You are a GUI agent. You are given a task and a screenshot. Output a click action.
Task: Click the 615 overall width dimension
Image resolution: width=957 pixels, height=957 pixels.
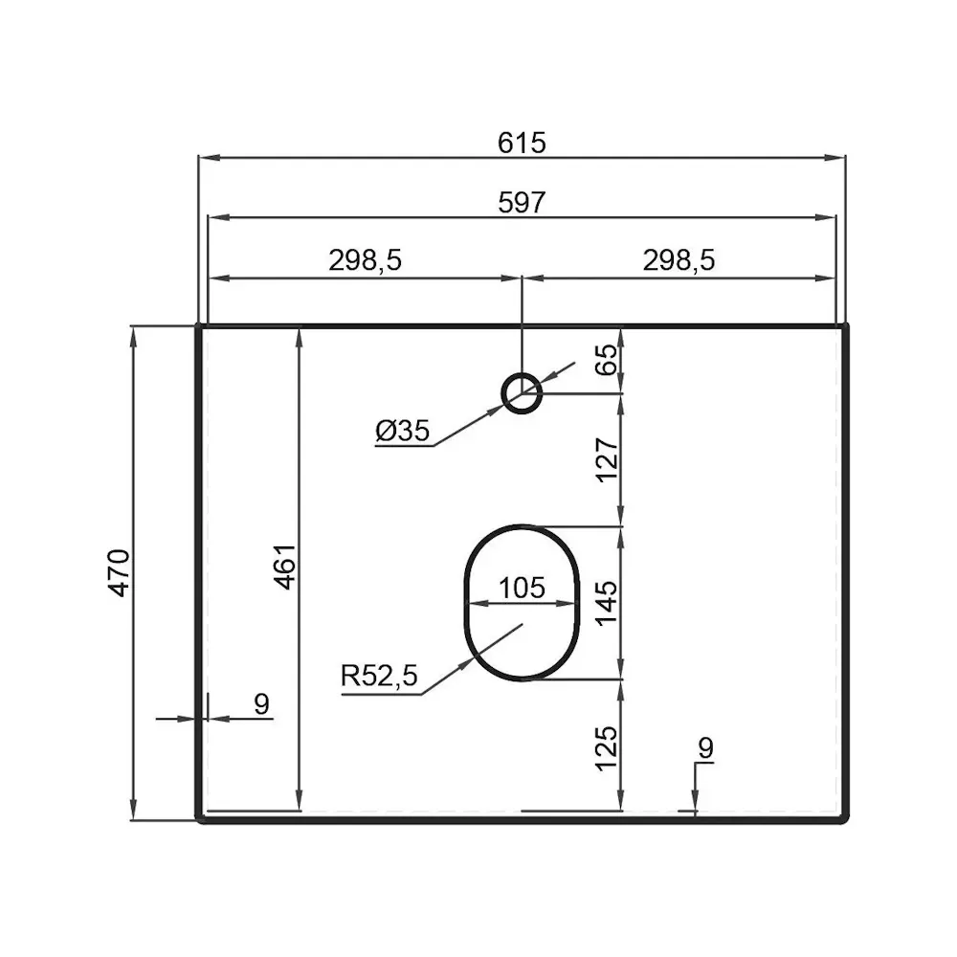point(522,143)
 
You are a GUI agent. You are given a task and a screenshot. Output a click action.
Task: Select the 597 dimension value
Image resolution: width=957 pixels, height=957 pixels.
point(522,203)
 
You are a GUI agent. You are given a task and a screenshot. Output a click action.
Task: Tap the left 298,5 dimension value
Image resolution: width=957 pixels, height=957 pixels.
point(365,259)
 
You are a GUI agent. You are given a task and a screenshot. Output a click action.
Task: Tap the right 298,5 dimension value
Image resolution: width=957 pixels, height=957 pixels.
point(680,259)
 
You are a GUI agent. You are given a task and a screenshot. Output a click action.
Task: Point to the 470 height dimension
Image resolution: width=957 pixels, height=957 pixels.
point(119,572)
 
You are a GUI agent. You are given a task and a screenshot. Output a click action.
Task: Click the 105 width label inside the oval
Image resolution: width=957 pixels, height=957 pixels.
point(522,587)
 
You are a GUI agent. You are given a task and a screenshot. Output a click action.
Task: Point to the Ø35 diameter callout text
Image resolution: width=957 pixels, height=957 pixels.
point(401,433)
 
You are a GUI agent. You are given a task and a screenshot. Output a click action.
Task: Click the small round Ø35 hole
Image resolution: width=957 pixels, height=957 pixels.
point(522,392)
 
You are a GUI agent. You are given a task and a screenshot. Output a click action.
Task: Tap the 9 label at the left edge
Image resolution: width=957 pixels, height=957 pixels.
point(261,704)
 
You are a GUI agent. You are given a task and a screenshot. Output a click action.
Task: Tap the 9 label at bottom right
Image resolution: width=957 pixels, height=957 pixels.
point(705,748)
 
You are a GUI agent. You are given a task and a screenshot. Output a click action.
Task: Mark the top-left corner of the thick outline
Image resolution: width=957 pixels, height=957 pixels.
point(198,326)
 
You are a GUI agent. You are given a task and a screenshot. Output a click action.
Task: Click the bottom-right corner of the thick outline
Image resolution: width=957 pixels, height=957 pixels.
point(846,819)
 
